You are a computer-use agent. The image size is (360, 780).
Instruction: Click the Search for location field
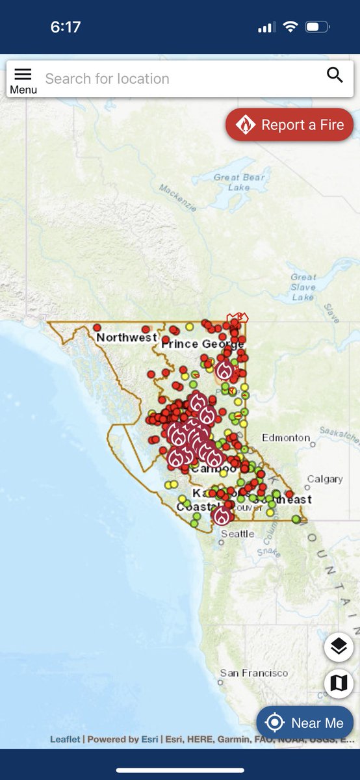pyautogui.click(x=175, y=79)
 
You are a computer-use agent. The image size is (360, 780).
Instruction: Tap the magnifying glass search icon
pyautogui.click(x=335, y=75)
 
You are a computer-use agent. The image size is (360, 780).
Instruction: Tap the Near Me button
pyautogui.click(x=305, y=723)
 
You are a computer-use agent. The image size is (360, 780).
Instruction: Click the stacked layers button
pyautogui.click(x=339, y=647)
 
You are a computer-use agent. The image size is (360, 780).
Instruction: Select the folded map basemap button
pyautogui.click(x=339, y=683)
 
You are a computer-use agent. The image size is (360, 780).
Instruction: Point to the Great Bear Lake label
pyautogui.click(x=231, y=182)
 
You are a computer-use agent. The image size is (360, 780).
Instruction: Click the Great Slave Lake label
pyautogui.click(x=303, y=287)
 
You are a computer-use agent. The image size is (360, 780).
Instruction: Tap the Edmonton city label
pyautogui.click(x=286, y=438)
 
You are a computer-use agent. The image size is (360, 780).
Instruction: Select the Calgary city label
pyautogui.click(x=324, y=479)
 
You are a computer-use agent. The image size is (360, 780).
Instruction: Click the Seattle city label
pyautogui.click(x=237, y=534)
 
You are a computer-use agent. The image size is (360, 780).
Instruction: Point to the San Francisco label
pyautogui.click(x=253, y=673)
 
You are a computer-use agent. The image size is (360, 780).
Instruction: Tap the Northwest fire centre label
pyautogui.click(x=126, y=338)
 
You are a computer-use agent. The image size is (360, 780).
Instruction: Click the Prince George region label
pyautogui.click(x=202, y=344)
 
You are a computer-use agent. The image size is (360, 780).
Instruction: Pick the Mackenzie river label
pyautogui.click(x=177, y=196)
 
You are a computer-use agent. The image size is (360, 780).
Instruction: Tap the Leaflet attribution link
pyautogui.click(x=65, y=739)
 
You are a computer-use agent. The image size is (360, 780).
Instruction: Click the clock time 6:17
pyautogui.click(x=65, y=27)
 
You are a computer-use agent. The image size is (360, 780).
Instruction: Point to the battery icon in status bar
pyautogui.click(x=317, y=27)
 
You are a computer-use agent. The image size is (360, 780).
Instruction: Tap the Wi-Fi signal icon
pyautogui.click(x=290, y=27)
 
